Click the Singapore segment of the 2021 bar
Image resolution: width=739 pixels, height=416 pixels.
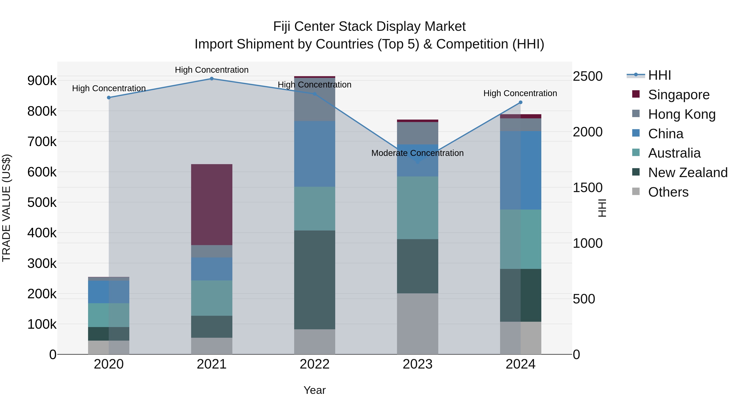[x=211, y=204]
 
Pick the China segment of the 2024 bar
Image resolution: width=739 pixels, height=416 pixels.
[x=520, y=170]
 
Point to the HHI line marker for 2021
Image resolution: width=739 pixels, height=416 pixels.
[x=211, y=79]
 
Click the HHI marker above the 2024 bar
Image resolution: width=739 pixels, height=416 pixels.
[x=520, y=103]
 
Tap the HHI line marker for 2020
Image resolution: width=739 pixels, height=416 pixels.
[x=109, y=98]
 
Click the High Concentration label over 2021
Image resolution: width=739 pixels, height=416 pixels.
[x=211, y=70]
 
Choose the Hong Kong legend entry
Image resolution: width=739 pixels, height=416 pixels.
[x=682, y=114]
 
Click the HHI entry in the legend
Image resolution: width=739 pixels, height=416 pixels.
[x=659, y=75]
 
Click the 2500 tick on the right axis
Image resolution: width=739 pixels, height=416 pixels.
[x=588, y=76]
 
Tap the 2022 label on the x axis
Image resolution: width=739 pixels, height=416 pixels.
[x=314, y=364]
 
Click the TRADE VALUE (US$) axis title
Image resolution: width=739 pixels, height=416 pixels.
[x=6, y=208]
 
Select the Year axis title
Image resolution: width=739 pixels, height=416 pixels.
[x=314, y=390]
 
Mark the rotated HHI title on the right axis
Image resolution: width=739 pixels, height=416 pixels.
[x=602, y=208]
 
